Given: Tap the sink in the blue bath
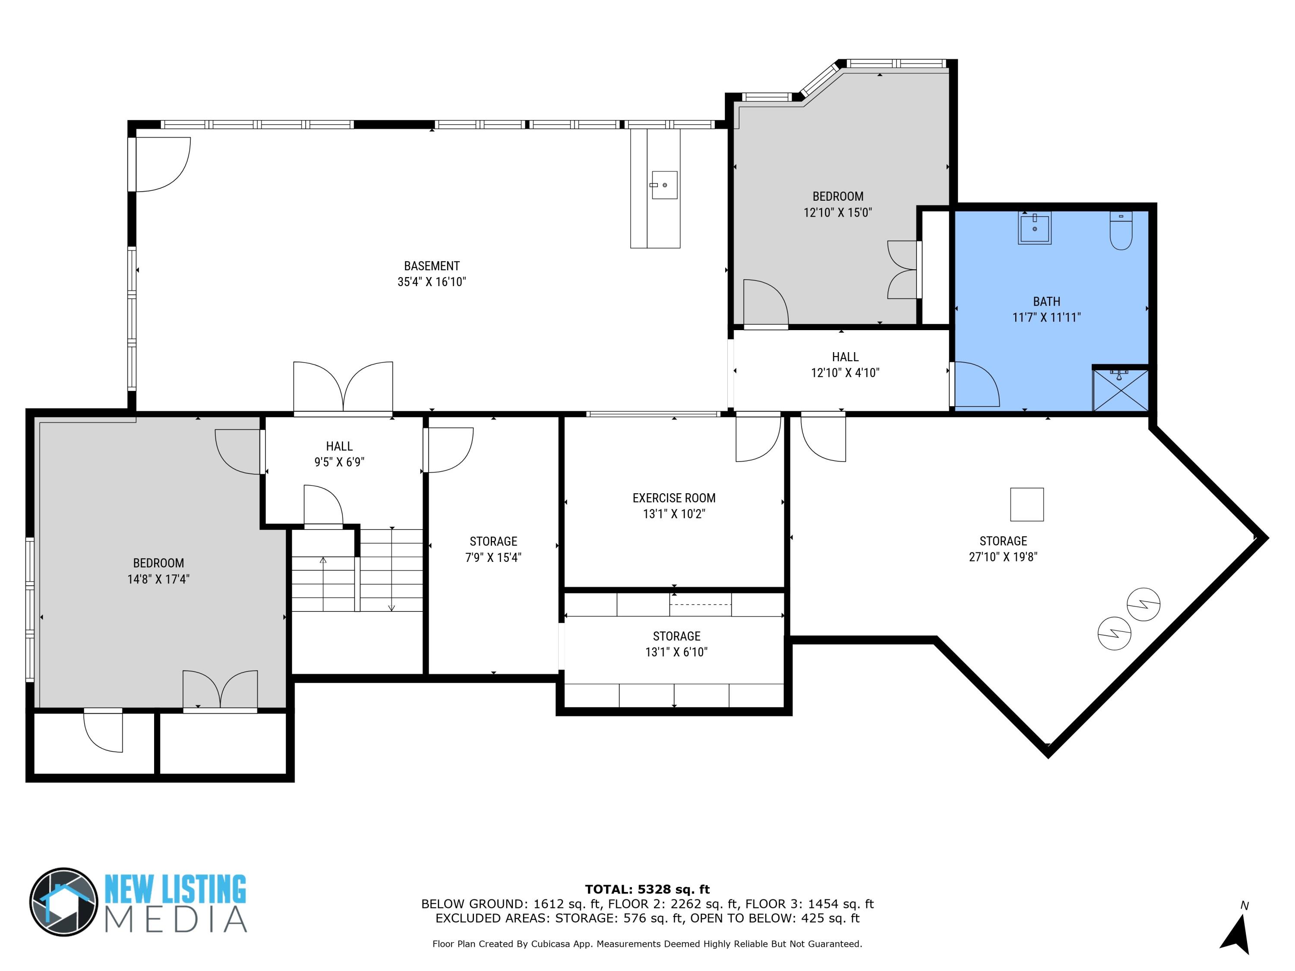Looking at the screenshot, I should (1034, 228).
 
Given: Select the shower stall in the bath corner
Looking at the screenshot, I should (1120, 389).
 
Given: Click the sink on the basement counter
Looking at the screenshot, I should (664, 185).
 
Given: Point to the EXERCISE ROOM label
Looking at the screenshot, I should (673, 498).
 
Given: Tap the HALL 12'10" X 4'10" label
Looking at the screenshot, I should (845, 365).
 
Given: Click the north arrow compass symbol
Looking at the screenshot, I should (1236, 935).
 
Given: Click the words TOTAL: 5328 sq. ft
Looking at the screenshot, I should (647, 889).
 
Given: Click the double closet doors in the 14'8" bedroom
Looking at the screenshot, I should (220, 690).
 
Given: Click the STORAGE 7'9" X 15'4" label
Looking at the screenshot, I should (493, 549).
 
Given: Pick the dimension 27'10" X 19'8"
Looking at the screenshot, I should (1003, 557).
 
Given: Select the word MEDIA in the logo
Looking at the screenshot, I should (176, 920).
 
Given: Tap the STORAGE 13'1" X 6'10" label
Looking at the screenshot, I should (676, 644).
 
